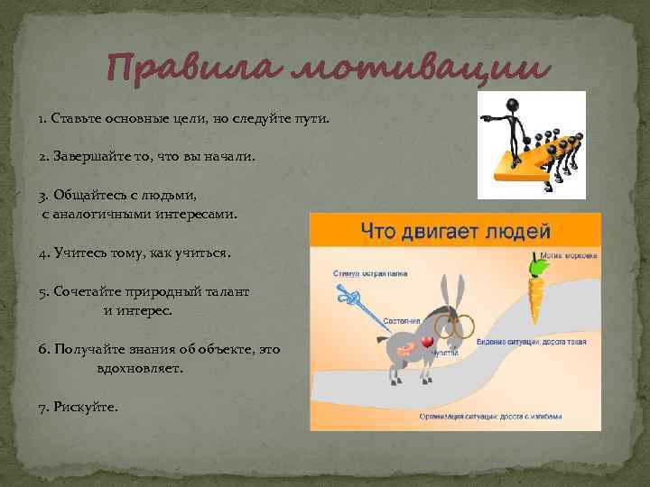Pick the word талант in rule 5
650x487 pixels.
227,292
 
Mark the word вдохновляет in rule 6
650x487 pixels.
139,369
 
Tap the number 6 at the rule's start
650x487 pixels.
42,349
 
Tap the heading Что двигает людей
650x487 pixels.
455,232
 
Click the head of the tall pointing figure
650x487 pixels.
512,104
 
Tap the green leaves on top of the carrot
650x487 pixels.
539,267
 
